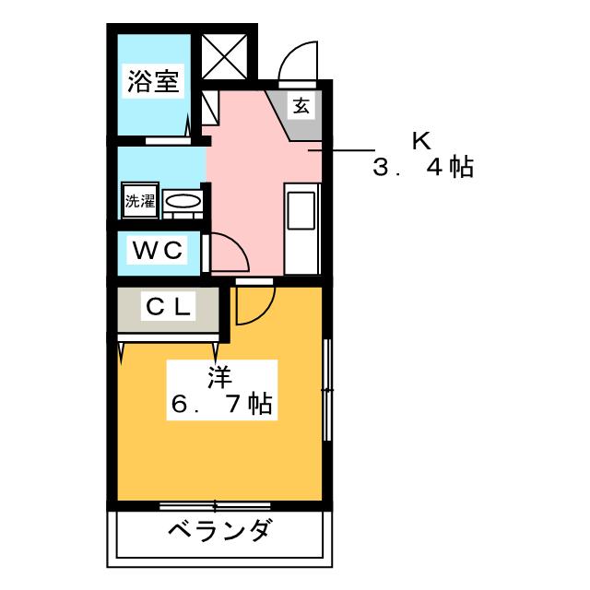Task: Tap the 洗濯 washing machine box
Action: (139, 201)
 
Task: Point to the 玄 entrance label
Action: (301, 106)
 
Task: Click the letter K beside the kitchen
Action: (420, 141)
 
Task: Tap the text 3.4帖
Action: (423, 169)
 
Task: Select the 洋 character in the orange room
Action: (218, 378)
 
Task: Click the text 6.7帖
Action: (218, 405)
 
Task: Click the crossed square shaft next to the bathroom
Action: (222, 57)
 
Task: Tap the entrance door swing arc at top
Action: (297, 61)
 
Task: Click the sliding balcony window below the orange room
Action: (215, 505)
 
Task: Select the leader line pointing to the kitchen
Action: (342, 149)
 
